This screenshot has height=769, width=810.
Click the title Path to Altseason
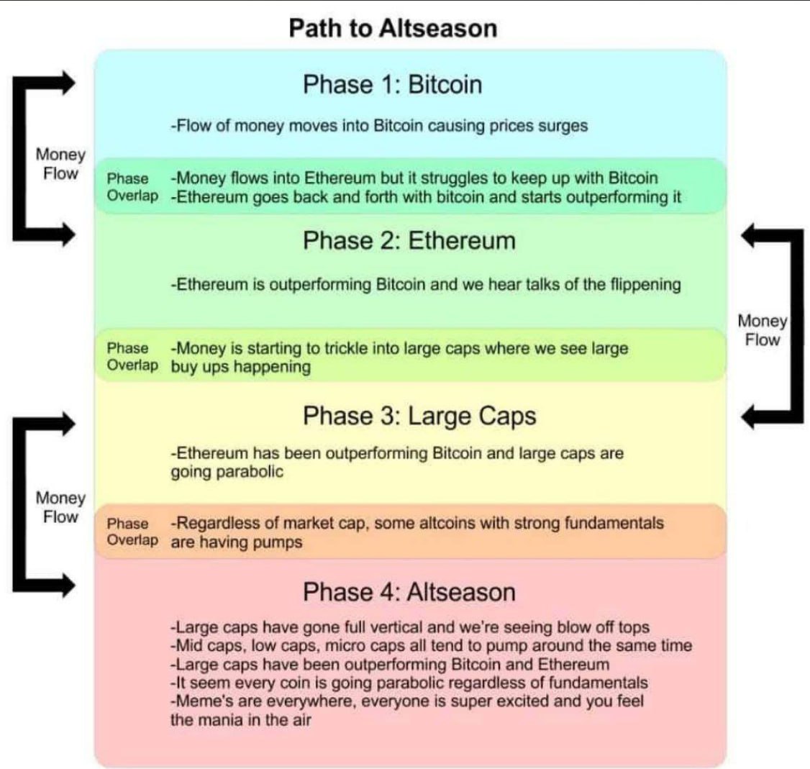click(392, 28)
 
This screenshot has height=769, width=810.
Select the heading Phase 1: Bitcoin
click(392, 85)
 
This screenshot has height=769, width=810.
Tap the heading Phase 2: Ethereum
click(409, 240)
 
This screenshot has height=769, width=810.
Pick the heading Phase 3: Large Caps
click(419, 416)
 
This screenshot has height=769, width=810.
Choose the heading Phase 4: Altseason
click(409, 592)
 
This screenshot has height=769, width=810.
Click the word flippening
click(641, 284)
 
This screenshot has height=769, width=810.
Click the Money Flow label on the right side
click(763, 330)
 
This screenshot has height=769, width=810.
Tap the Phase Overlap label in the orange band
click(132, 532)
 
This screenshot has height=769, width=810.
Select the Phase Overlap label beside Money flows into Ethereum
click(132, 187)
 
